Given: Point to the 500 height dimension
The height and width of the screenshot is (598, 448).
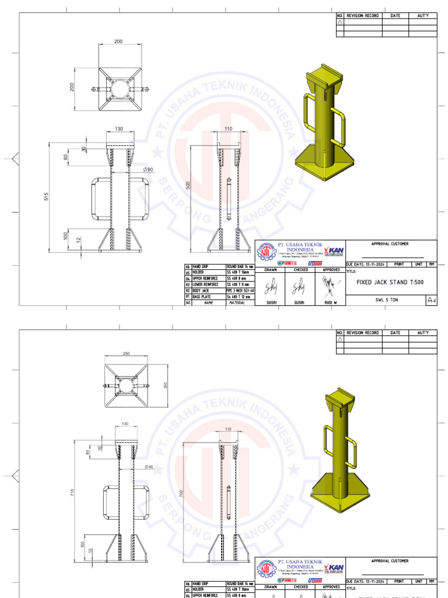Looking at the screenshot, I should [187, 185].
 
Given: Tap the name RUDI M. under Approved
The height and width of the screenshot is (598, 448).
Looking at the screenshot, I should [331, 303].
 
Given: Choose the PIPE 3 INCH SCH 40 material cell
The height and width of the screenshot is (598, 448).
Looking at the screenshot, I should [240, 290].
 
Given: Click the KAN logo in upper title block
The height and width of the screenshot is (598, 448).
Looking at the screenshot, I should [333, 249].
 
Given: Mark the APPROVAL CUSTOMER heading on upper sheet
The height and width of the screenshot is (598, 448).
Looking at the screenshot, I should [390, 244].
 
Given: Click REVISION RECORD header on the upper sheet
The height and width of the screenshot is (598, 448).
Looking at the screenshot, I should [363, 16].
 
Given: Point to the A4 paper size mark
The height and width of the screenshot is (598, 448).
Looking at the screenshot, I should [431, 300].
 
